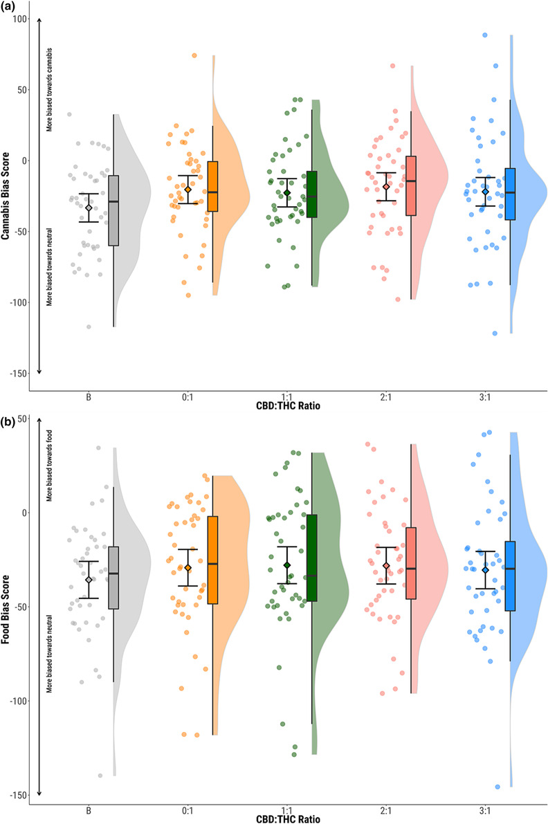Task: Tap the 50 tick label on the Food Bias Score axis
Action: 21,419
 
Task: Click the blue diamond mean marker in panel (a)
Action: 485,192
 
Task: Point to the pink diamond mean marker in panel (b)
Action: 386,566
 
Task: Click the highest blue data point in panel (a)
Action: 485,35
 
